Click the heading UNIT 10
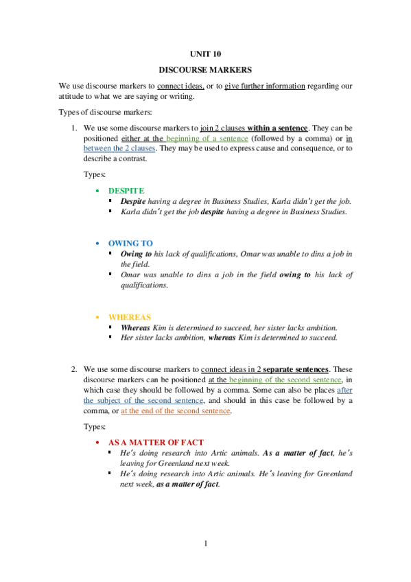[205, 53]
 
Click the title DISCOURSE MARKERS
[205, 69]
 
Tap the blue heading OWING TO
[130, 243]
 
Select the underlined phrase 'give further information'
[264, 86]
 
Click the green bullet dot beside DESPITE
[98, 190]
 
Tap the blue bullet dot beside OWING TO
[98, 243]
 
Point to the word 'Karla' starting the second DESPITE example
[130, 211]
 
